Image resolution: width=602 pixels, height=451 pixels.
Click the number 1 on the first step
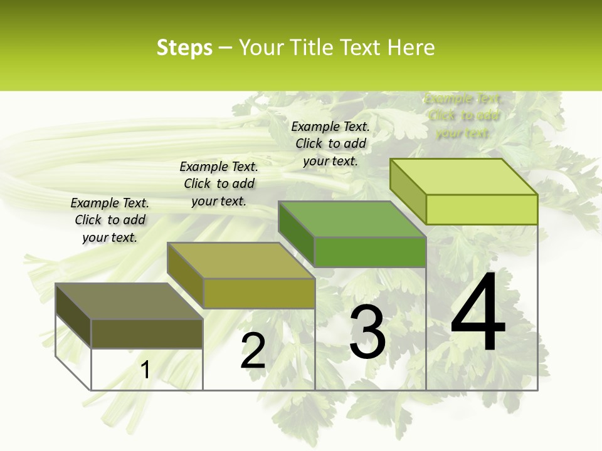coord(145,370)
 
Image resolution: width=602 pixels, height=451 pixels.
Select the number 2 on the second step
coord(253,351)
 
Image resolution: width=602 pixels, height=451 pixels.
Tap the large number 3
coord(367,333)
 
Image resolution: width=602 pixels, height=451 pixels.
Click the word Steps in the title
coord(184,48)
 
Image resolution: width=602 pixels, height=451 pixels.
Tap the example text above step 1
coord(110,220)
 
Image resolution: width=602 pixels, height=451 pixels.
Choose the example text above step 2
coord(219,184)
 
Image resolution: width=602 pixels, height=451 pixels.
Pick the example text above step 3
coord(330,143)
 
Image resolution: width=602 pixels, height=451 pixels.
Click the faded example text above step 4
coord(463,116)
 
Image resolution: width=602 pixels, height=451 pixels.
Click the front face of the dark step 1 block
coord(147,334)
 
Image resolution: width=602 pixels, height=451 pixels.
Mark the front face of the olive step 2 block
coord(258,293)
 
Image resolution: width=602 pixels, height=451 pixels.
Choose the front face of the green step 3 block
coord(370,252)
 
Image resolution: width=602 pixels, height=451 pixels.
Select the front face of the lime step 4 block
coord(482,209)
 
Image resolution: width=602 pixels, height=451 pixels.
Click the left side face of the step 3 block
coord(296,234)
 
